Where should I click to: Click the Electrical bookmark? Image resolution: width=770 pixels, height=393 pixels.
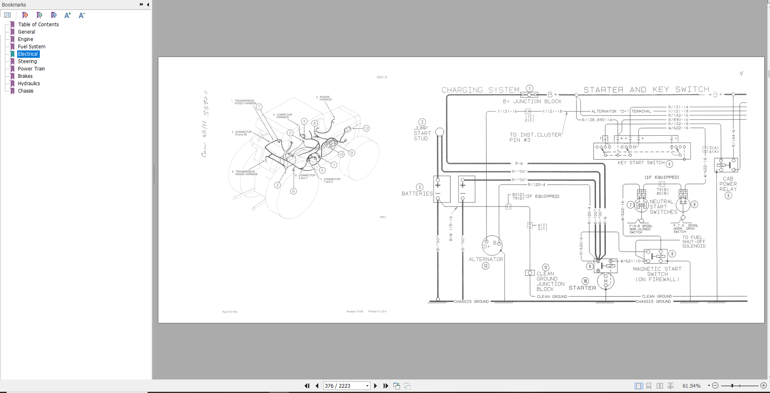click(x=28, y=54)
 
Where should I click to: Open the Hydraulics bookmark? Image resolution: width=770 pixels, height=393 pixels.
click(x=29, y=84)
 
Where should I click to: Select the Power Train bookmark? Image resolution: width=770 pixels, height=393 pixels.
click(x=31, y=69)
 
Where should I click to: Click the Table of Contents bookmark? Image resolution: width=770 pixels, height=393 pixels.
click(x=38, y=25)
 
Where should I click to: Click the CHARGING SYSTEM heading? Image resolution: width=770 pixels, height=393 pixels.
click(x=480, y=90)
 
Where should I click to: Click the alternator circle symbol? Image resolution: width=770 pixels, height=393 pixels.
click(x=491, y=245)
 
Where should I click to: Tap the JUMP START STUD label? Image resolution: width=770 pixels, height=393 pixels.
click(x=422, y=133)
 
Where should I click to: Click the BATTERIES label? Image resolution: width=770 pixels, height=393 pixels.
click(x=417, y=193)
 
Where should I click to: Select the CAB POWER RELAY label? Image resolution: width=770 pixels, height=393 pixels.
click(x=728, y=184)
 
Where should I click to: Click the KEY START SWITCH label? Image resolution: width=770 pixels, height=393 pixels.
click(x=641, y=163)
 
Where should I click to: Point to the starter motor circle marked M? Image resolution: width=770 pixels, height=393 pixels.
click(x=605, y=281)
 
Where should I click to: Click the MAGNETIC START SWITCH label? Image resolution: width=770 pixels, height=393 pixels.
click(x=657, y=274)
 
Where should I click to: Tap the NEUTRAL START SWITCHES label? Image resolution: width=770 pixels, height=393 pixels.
click(x=662, y=207)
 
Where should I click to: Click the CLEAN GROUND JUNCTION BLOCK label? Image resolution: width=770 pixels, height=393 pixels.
click(x=550, y=281)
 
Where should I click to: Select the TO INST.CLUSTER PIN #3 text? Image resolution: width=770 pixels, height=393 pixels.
click(x=535, y=137)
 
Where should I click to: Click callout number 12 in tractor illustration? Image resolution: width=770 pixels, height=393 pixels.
click(x=366, y=128)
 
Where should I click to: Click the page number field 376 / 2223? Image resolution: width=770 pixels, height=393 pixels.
click(x=344, y=386)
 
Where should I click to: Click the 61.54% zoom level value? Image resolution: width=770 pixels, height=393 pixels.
click(x=691, y=386)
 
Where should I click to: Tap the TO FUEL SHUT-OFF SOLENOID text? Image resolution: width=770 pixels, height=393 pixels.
click(x=693, y=241)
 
